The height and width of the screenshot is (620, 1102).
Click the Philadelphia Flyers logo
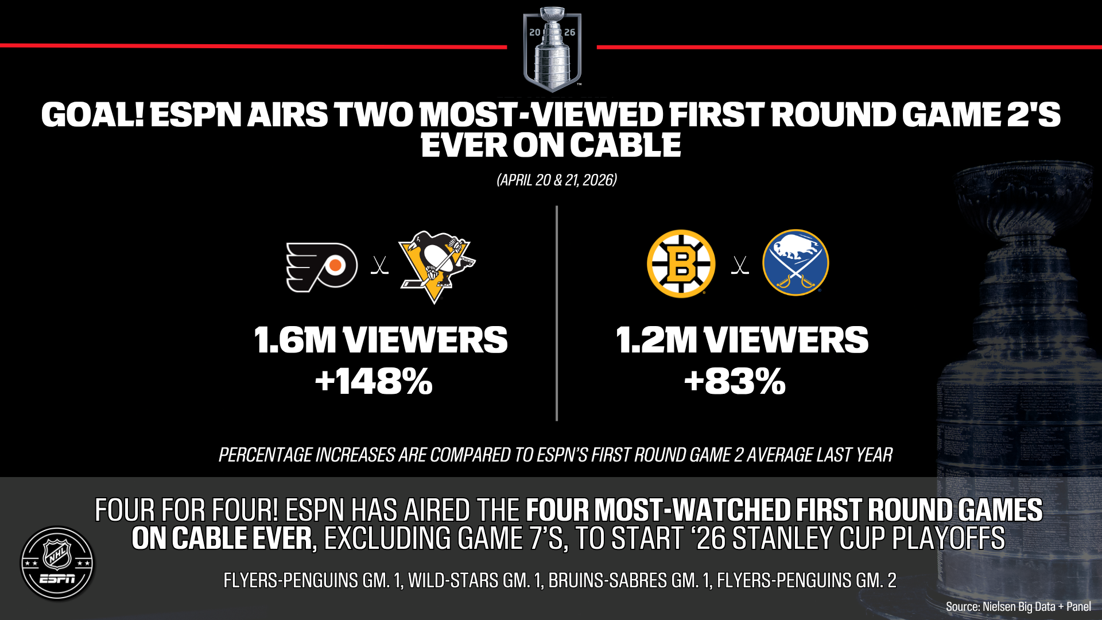322,267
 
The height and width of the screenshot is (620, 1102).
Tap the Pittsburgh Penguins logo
437,266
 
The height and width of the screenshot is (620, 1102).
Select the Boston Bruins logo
681,264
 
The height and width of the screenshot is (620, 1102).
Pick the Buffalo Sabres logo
796,263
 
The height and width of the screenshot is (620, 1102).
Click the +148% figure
374,381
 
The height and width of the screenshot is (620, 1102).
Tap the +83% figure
735,381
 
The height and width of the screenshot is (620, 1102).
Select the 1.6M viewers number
294,340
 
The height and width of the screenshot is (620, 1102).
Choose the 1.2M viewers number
656,340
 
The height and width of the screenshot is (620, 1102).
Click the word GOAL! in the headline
92,114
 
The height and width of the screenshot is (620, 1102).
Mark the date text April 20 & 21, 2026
556,180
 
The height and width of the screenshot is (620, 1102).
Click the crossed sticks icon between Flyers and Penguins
379,265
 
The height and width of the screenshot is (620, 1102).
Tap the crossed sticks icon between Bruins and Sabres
740,265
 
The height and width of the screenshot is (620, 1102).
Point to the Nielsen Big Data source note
1018,606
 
